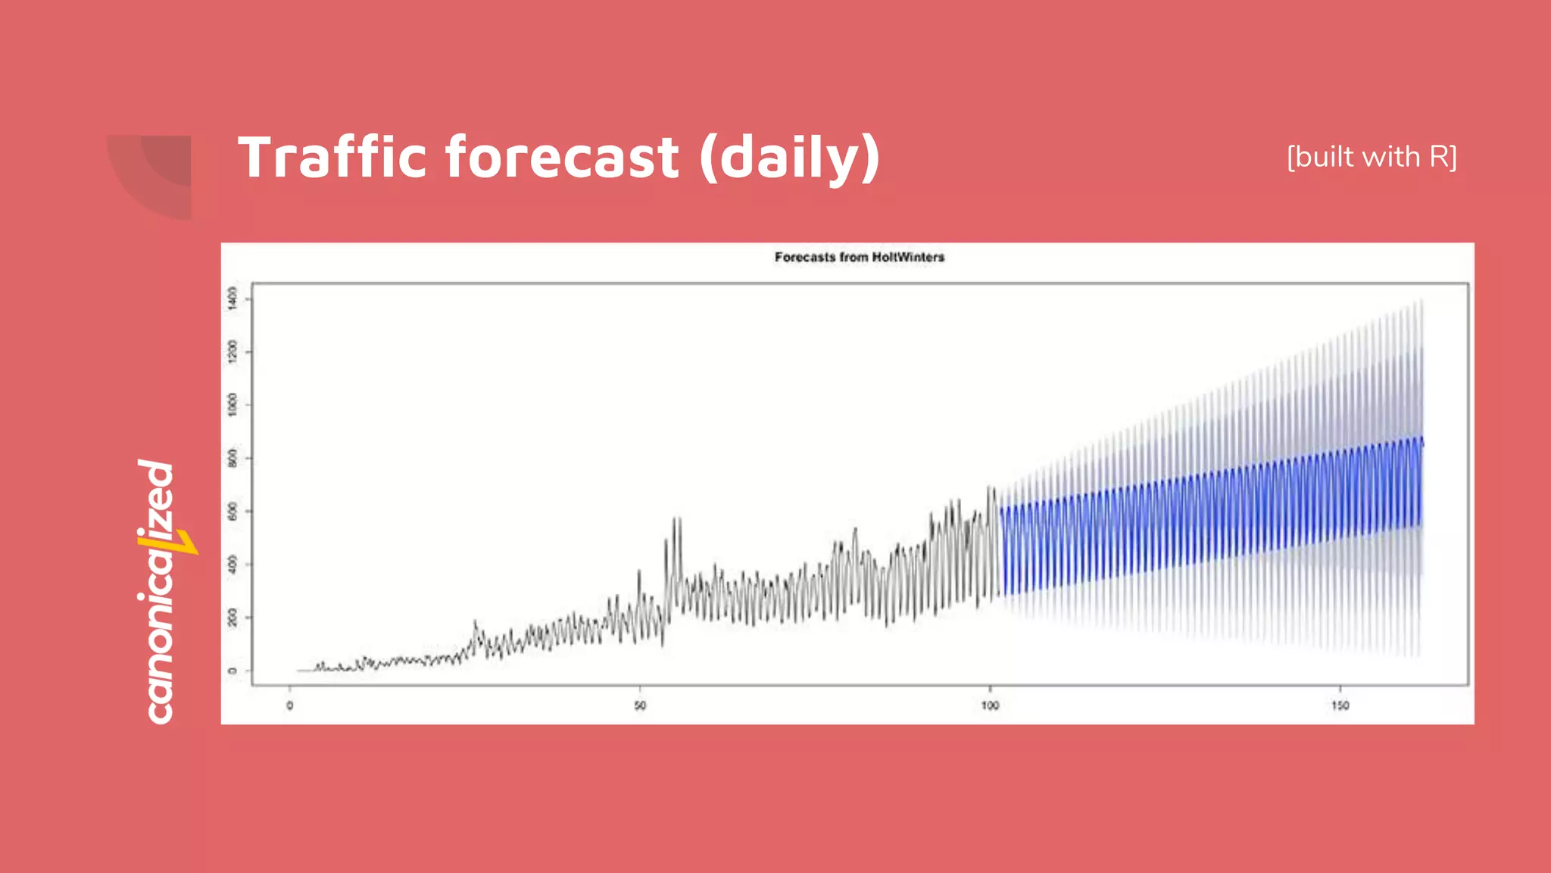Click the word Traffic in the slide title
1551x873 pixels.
coord(333,158)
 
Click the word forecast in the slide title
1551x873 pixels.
coord(562,158)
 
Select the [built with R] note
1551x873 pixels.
coord(1372,157)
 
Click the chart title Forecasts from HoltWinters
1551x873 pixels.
coord(859,258)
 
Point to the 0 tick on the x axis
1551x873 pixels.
coord(289,706)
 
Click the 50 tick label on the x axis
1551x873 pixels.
coord(640,706)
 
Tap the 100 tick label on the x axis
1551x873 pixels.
coord(990,706)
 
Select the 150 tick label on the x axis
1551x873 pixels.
coord(1340,706)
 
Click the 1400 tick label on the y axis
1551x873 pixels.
coord(232,298)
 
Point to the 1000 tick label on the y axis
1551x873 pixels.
coord(232,405)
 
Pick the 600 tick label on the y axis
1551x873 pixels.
coord(232,512)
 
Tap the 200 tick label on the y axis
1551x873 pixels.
coord(232,618)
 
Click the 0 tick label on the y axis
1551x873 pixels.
coord(232,671)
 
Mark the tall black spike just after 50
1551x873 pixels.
coord(676,523)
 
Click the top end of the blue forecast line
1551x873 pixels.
coord(1421,440)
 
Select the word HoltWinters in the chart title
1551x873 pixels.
coord(908,258)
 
